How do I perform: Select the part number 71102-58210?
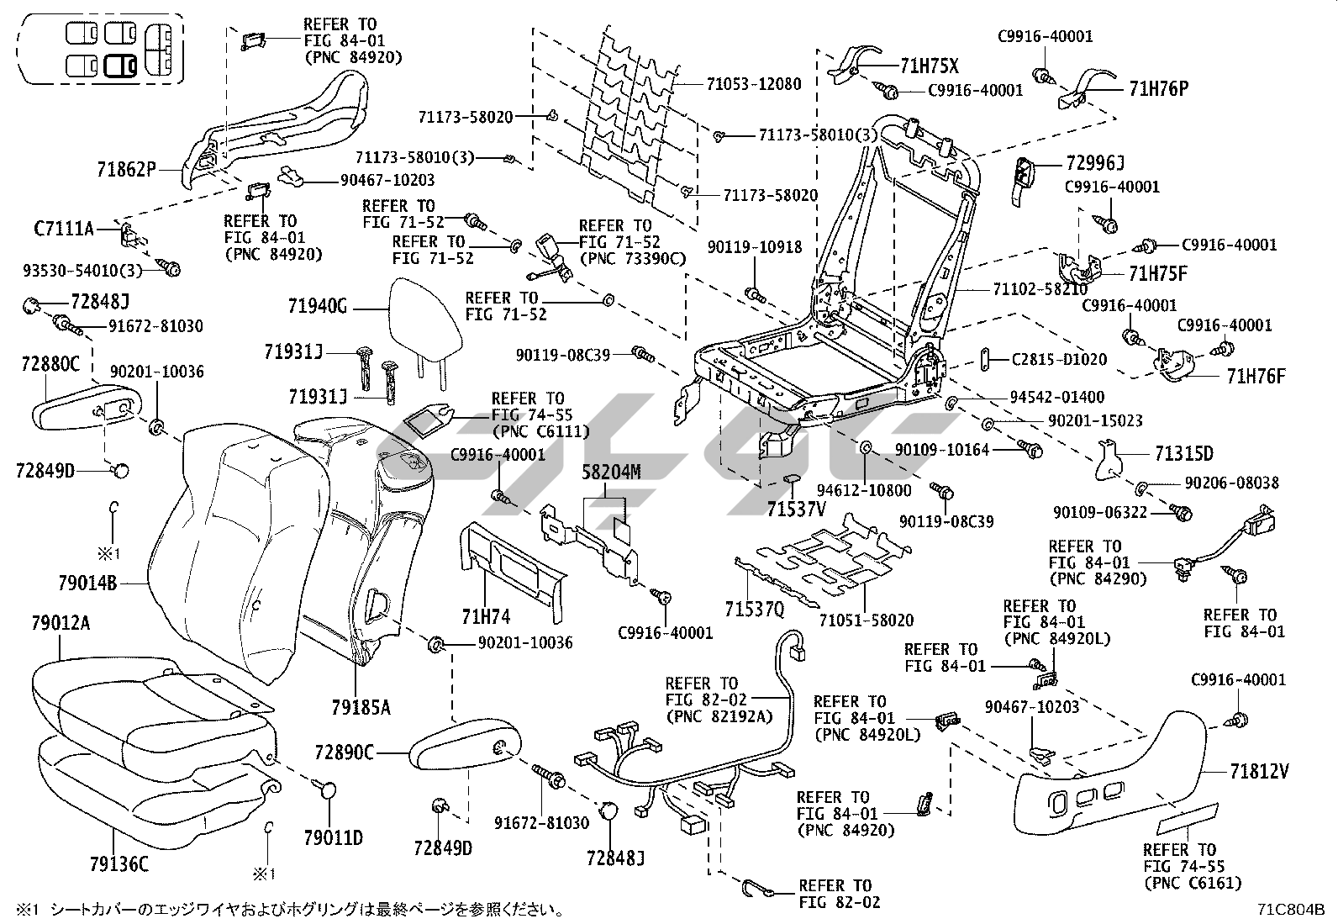pos(1040,289)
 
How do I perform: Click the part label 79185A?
pos(360,707)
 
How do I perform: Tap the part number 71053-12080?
pos(753,84)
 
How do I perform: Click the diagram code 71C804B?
pos(1291,910)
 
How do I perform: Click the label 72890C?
pos(345,752)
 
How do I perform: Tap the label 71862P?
pos(126,169)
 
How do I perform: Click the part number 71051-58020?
pos(866,620)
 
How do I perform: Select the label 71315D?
pos(1183,454)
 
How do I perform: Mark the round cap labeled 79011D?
pos(328,790)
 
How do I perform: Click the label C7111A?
pos(64,227)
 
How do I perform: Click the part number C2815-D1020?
pos(1059,360)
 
